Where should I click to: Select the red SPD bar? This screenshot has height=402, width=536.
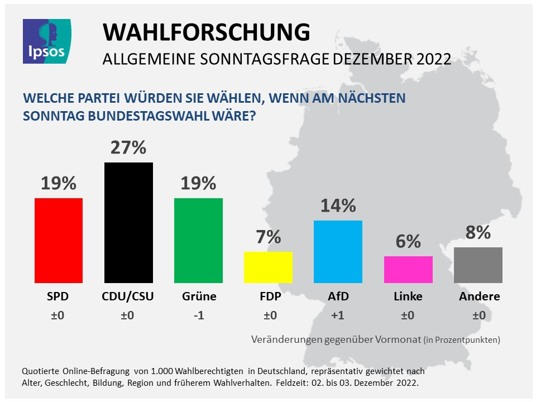tap(59, 241)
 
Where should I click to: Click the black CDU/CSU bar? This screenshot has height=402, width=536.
tap(128, 223)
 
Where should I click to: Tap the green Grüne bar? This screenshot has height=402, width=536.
tap(198, 241)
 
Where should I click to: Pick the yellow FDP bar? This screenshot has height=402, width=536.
tap(268, 267)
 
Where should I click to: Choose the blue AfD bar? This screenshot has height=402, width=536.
tap(338, 252)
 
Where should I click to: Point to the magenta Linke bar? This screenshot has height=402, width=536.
tap(408, 270)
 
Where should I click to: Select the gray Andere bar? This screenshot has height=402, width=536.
tap(478, 265)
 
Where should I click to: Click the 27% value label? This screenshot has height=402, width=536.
tap(128, 148)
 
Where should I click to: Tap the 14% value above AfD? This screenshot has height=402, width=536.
tap(338, 206)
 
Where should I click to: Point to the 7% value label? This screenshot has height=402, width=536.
tap(268, 237)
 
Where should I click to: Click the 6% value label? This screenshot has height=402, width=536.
tap(408, 241)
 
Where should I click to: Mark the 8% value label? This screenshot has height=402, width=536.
tap(478, 232)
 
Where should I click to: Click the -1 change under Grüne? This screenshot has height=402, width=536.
tap(198, 315)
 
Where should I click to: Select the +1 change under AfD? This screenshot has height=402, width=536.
tap(338, 315)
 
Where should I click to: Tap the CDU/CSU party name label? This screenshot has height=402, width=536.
tap(128, 296)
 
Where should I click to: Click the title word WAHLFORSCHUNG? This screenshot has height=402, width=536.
tap(206, 32)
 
